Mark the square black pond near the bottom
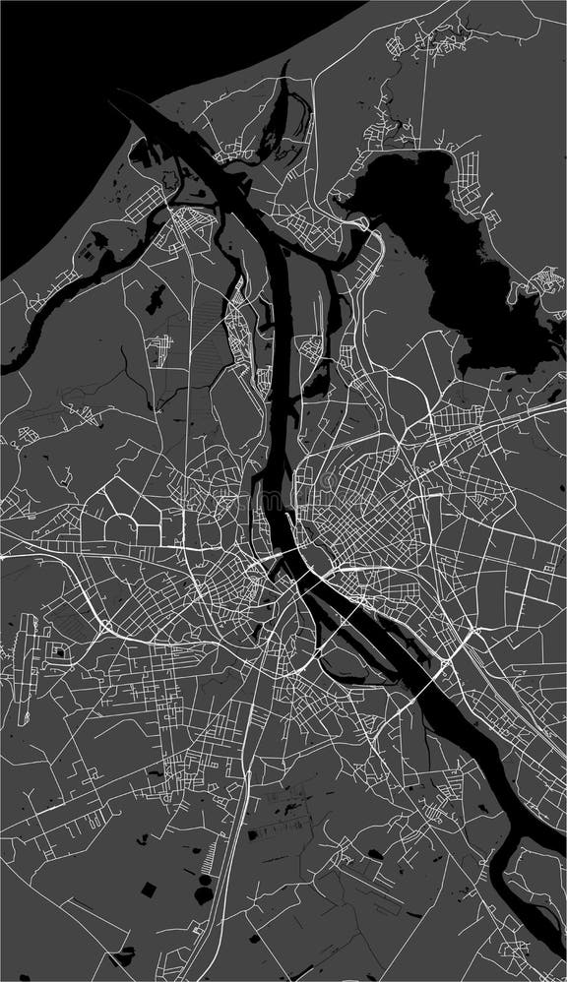point(148,890)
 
